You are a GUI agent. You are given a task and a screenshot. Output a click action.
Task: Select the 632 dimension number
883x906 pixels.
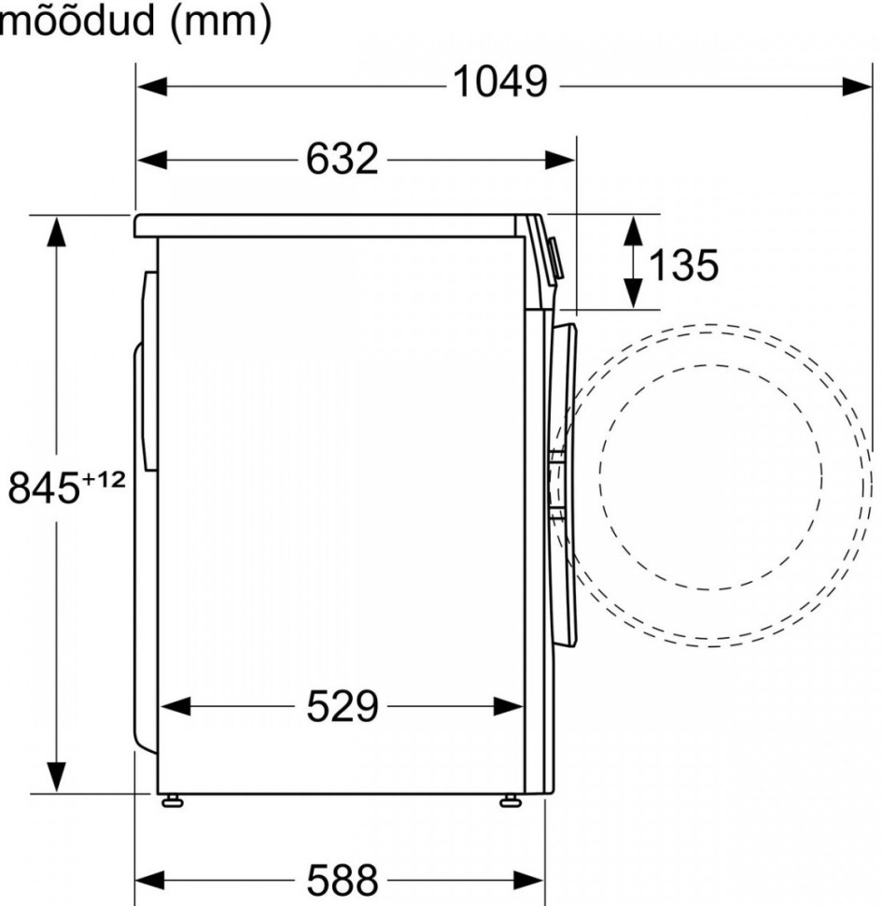pyautogui.click(x=342, y=160)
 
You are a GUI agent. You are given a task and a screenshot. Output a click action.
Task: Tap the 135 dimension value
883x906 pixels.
pyautogui.click(x=683, y=266)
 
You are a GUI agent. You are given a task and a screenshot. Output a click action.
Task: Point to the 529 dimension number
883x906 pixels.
pyautogui.click(x=342, y=707)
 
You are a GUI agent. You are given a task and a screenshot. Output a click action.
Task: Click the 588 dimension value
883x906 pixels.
pyautogui.click(x=342, y=879)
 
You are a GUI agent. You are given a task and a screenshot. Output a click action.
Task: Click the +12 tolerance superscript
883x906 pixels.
pyautogui.click(x=104, y=478)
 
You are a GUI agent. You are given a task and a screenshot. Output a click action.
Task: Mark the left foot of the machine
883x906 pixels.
pyautogui.click(x=173, y=800)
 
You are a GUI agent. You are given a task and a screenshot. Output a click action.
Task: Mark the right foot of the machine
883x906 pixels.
pyautogui.click(x=511, y=800)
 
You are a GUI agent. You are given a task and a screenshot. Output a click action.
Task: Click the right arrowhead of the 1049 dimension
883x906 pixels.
pyautogui.click(x=857, y=86)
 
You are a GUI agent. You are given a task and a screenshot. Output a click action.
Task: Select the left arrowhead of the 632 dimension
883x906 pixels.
pyautogui.click(x=152, y=160)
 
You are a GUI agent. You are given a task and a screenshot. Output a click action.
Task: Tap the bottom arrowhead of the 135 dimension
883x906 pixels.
pyautogui.click(x=634, y=294)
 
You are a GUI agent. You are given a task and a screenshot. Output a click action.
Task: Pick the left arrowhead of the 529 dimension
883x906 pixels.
pyautogui.click(x=175, y=707)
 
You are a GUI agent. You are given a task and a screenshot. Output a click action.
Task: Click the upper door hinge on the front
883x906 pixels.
pyautogui.click(x=556, y=457)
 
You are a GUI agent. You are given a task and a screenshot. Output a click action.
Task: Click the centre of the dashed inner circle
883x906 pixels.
pyautogui.click(x=710, y=476)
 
